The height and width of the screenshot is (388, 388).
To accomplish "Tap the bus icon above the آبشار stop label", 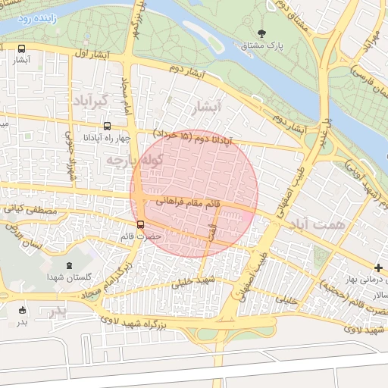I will pos(21,49).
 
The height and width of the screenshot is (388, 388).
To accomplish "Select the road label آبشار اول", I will pos(92,55).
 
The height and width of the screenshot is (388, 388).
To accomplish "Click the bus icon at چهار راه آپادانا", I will pos(107,126).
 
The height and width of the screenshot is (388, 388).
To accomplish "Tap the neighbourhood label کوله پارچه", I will pos(125,160).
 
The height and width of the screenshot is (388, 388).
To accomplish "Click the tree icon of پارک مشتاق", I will pos(262,33).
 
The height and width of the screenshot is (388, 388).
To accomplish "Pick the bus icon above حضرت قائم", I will pos(140,224).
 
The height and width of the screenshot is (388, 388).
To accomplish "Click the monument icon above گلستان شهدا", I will pos(70,265).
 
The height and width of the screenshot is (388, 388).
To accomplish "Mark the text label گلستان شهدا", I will pos(67,277).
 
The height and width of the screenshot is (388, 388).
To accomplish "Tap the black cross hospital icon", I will pos(379,268).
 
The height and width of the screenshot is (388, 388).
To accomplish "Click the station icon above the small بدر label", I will pos(22,310).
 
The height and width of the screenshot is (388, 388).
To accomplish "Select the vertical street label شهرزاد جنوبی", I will pos(70,152).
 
